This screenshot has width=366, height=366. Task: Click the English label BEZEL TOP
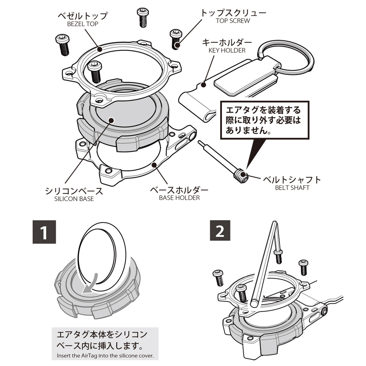pyautogui.click(x=83, y=24)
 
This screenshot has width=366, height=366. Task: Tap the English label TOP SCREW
pyautogui.click(x=233, y=21)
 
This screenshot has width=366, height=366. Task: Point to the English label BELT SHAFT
pyautogui.click(x=292, y=188)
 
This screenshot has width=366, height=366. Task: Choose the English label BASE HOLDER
pyautogui.click(x=179, y=198)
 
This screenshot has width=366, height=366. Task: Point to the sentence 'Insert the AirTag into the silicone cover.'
pyautogui.click(x=105, y=356)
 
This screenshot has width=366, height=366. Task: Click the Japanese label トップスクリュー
pyautogui.click(x=233, y=13)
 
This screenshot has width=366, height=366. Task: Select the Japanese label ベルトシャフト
pyautogui.click(x=292, y=180)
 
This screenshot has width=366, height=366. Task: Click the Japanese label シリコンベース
pyautogui.click(x=74, y=191)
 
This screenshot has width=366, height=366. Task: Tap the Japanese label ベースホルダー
pyautogui.click(x=179, y=190)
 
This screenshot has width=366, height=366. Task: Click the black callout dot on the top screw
pyautogui.click(x=178, y=46)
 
